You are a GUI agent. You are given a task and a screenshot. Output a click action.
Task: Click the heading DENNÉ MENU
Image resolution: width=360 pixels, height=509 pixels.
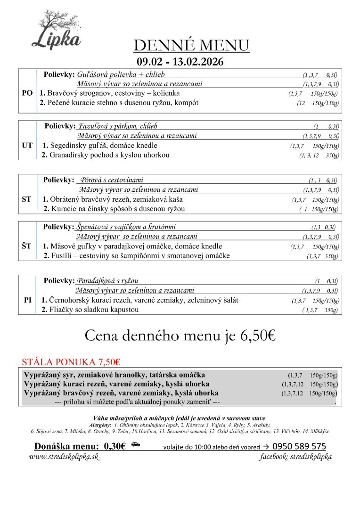191,46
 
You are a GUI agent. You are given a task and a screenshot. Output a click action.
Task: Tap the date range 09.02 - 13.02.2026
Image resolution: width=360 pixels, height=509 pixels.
180,62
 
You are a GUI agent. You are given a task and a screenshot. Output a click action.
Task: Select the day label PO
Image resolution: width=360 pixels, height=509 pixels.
27,93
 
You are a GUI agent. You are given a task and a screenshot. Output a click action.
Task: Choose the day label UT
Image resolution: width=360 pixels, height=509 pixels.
27,145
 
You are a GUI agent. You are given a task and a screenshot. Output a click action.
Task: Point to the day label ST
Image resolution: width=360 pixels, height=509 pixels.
27,199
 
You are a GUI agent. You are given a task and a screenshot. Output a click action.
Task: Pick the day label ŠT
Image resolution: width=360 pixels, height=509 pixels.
27,246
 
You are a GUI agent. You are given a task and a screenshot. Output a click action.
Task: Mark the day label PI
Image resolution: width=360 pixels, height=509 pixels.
27,300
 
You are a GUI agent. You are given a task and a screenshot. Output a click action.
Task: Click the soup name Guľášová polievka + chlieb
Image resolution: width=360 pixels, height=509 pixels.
121,75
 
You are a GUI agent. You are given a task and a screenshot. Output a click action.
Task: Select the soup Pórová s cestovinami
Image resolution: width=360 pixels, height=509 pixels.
112,180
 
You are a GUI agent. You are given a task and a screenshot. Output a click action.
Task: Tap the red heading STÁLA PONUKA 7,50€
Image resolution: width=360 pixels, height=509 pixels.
71,362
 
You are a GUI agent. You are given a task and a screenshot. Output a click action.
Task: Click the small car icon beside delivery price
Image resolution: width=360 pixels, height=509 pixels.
136,444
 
